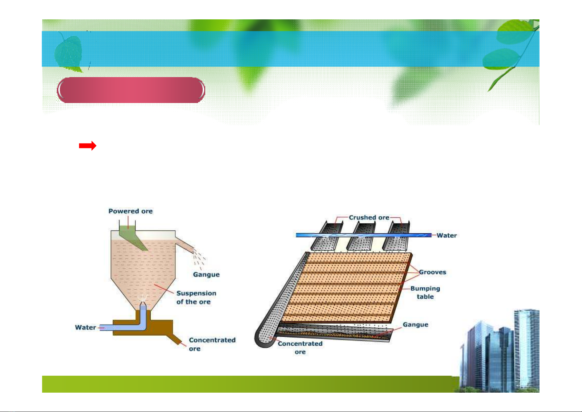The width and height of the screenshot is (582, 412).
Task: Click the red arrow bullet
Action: [x=88, y=146]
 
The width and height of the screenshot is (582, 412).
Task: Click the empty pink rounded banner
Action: [x=131, y=90]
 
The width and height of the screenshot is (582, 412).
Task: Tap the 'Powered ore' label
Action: [x=131, y=211]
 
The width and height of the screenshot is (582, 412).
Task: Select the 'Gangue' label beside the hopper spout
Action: [x=206, y=274]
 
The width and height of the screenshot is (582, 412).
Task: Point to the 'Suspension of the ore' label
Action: [x=196, y=297]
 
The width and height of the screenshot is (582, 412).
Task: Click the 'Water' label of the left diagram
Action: [x=85, y=327]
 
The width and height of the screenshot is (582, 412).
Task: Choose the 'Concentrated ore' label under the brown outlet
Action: [x=212, y=344]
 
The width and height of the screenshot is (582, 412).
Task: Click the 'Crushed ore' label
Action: [x=369, y=217]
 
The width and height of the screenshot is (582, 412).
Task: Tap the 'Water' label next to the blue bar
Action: [x=447, y=235]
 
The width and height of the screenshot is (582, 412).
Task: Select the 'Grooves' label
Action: [x=432, y=272]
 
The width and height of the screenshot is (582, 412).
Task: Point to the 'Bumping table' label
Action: [x=425, y=292]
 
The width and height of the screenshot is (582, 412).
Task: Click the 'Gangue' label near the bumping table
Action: [x=416, y=325]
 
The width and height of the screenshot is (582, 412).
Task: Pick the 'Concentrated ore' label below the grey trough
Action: [x=300, y=347]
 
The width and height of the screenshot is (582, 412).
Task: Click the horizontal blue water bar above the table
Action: [x=363, y=235]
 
